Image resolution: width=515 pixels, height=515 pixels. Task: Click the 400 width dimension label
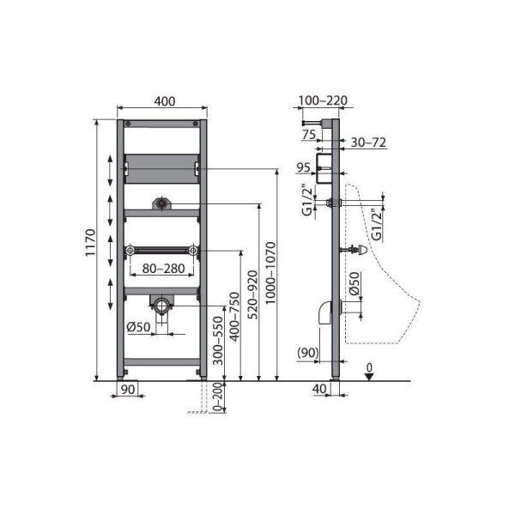click(165, 101)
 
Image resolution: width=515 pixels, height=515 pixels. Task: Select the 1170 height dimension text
click(90, 243)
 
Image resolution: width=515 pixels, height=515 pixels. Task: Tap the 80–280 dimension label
click(163, 269)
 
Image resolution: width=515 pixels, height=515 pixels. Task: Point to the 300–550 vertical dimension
click(218, 341)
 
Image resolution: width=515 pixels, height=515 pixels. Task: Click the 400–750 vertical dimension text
click(234, 317)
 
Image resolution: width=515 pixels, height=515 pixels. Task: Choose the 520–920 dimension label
click(253, 294)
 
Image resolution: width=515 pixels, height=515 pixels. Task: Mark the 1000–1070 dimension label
click(270, 273)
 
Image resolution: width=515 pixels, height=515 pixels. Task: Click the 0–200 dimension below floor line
click(218, 397)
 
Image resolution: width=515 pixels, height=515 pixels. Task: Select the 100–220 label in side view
click(323, 100)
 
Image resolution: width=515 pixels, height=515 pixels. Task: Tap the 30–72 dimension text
click(368, 142)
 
